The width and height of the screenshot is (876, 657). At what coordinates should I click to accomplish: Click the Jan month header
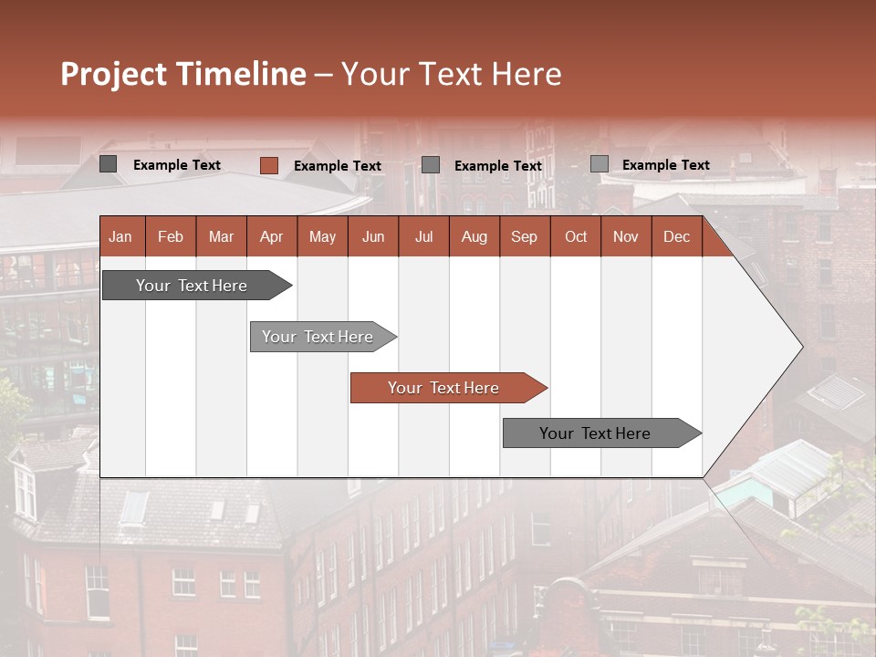[120, 237]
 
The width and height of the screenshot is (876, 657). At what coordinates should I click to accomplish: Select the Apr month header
[271, 237]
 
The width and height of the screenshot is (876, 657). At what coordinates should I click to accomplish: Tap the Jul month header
[423, 237]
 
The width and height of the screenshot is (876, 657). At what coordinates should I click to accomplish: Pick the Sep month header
[524, 237]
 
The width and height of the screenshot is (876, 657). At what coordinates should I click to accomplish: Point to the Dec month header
[676, 237]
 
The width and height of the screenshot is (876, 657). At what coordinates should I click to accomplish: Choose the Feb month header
[171, 237]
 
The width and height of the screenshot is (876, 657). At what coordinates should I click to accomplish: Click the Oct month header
[576, 237]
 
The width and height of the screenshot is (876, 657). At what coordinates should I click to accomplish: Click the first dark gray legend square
[109, 164]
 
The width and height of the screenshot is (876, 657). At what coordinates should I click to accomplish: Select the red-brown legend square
[269, 165]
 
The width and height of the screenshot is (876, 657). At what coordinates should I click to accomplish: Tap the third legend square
[431, 164]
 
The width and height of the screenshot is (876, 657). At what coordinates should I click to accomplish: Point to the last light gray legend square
[599, 164]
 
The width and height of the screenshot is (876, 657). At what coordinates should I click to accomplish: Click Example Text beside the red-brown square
[337, 166]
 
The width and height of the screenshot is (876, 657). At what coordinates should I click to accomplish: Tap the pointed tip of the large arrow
[801, 346]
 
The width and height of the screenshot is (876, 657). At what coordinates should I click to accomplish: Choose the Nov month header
[626, 237]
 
